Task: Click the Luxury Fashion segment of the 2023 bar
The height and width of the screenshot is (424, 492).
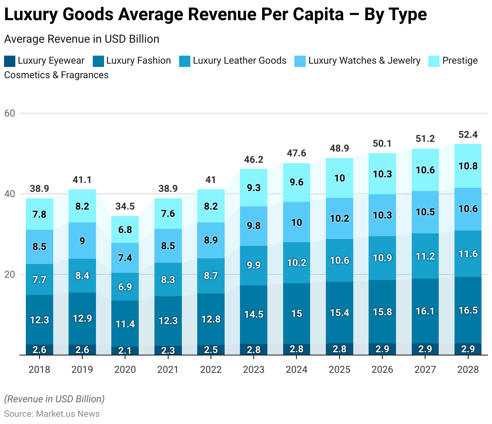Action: pyautogui.click(x=254, y=314)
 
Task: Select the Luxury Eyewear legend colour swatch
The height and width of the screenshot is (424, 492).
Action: pyautogui.click(x=10, y=61)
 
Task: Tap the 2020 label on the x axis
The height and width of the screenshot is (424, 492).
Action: pyautogui.click(x=125, y=369)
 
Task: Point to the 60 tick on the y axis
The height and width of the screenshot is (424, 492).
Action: pyautogui.click(x=10, y=113)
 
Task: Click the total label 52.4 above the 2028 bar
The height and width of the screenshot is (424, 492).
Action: pyautogui.click(x=468, y=135)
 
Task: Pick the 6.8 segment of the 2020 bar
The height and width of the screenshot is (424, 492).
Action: pyautogui.click(x=125, y=229)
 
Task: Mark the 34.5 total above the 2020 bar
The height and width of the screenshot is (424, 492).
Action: pyautogui.click(x=125, y=206)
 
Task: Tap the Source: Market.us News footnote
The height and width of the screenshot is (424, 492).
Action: pyautogui.click(x=52, y=414)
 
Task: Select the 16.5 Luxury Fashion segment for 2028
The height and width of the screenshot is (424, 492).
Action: pyautogui.click(x=468, y=310)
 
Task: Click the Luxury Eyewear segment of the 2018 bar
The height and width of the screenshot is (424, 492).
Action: pyautogui.click(x=40, y=349)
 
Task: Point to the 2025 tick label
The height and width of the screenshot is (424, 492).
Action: pyautogui.click(x=340, y=369)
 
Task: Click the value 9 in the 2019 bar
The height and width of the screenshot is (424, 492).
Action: pyautogui.click(x=82, y=241)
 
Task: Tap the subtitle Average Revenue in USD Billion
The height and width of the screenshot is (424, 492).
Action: pyautogui.click(x=81, y=39)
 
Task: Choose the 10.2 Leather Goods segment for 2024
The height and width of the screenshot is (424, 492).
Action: pyautogui.click(x=297, y=263)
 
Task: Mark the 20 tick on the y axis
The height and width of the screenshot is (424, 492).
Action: pyautogui.click(x=10, y=274)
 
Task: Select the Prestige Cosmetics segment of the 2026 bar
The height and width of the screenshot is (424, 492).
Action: pyautogui.click(x=382, y=174)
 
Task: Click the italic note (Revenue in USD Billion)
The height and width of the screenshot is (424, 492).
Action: pyautogui.click(x=54, y=399)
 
